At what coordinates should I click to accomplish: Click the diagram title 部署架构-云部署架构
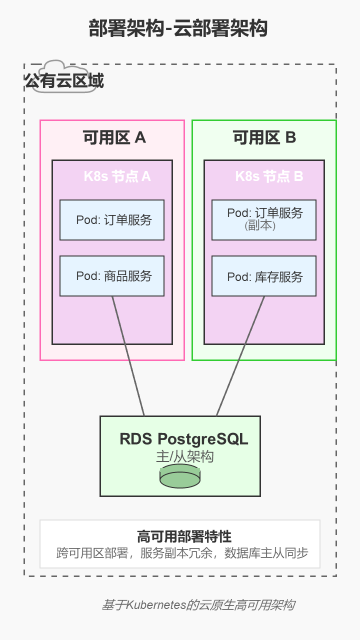(178, 28)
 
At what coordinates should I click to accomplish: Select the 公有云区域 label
(64, 81)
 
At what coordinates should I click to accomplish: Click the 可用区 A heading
(114, 137)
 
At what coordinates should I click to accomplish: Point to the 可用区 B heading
(264, 137)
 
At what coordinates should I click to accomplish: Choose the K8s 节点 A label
(117, 176)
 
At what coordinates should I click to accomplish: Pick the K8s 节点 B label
(269, 176)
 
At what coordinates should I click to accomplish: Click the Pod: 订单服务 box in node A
(112, 220)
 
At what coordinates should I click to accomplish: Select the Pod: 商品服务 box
(112, 276)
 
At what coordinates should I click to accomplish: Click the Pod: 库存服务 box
(264, 276)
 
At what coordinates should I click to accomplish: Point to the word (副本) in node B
(260, 225)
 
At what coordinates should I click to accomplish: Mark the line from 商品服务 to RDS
(128, 356)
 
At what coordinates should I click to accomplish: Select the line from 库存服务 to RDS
(240, 356)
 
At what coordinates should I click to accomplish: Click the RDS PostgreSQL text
(183, 439)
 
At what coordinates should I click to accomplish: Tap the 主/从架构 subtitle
(184, 456)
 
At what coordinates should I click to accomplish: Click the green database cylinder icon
(180, 476)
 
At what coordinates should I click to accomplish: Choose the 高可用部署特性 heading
(184, 536)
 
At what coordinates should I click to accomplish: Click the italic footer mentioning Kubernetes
(198, 605)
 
